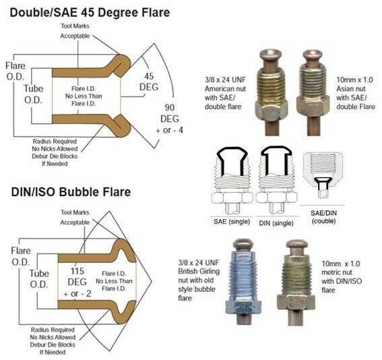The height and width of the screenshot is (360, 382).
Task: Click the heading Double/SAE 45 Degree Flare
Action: tap(90, 13)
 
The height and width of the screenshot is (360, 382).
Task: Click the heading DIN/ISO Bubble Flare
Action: tap(71, 192)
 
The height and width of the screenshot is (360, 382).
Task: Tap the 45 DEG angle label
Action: tap(149, 82)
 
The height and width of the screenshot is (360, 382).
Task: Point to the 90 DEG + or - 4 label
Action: tap(170, 119)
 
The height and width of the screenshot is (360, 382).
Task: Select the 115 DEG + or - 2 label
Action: tap(77, 282)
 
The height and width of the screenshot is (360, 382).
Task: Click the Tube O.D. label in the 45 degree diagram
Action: tap(34, 94)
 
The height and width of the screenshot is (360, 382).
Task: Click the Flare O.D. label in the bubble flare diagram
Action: tap(21, 256)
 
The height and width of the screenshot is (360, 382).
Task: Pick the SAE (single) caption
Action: tap(232, 222)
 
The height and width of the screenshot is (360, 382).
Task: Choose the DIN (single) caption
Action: tap(276, 223)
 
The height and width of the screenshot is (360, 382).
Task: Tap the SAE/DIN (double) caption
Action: tap(324, 217)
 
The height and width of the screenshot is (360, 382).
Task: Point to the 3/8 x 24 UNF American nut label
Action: tap(225, 93)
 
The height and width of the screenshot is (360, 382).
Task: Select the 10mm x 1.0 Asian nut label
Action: tap(356, 93)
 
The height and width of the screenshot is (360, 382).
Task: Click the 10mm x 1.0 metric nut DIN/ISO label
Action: tap(342, 277)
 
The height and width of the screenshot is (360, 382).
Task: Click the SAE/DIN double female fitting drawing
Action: tap(323, 175)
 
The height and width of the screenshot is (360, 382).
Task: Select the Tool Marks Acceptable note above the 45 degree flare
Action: tap(75, 31)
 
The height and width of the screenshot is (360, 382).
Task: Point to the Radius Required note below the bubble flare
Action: tap(53, 341)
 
